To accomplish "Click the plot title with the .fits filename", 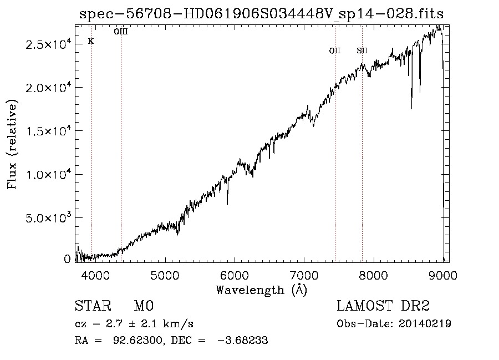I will [x=262, y=13].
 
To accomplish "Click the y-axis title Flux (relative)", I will [x=12, y=144].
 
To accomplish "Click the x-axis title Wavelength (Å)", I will [x=261, y=290].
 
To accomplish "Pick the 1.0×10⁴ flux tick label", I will [x=49, y=175].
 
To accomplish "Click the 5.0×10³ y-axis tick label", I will [x=49, y=218].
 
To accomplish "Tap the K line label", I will [x=91, y=42].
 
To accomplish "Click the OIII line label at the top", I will [x=121, y=32].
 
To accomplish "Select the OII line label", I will [x=335, y=51].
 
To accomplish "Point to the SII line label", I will [x=362, y=51].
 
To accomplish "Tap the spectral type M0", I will [x=144, y=306].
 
